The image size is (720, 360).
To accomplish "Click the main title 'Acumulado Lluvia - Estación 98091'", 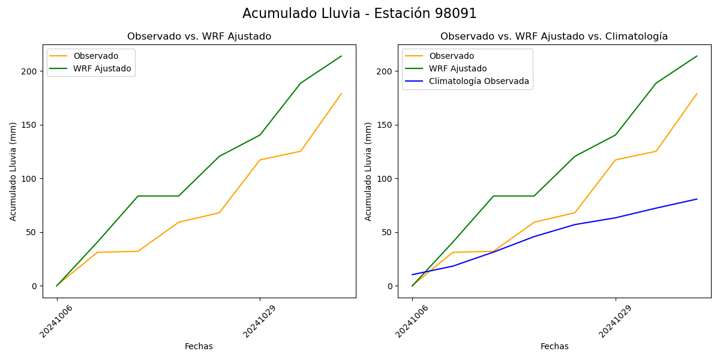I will click(359, 14).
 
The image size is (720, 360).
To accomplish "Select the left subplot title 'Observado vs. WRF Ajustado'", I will click(199, 37).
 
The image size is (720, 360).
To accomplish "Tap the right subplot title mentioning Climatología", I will click(554, 37).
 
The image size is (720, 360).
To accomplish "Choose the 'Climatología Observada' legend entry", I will click(479, 81).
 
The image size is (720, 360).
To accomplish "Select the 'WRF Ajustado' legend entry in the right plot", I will click(458, 68).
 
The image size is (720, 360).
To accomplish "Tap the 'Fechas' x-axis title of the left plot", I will click(199, 346).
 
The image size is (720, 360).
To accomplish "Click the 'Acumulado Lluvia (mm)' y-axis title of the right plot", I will click(368, 171).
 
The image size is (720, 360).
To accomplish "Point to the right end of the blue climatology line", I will click(697, 199).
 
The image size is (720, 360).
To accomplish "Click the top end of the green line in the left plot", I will click(341, 56).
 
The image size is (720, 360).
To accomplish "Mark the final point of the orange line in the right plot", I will click(697, 94).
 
